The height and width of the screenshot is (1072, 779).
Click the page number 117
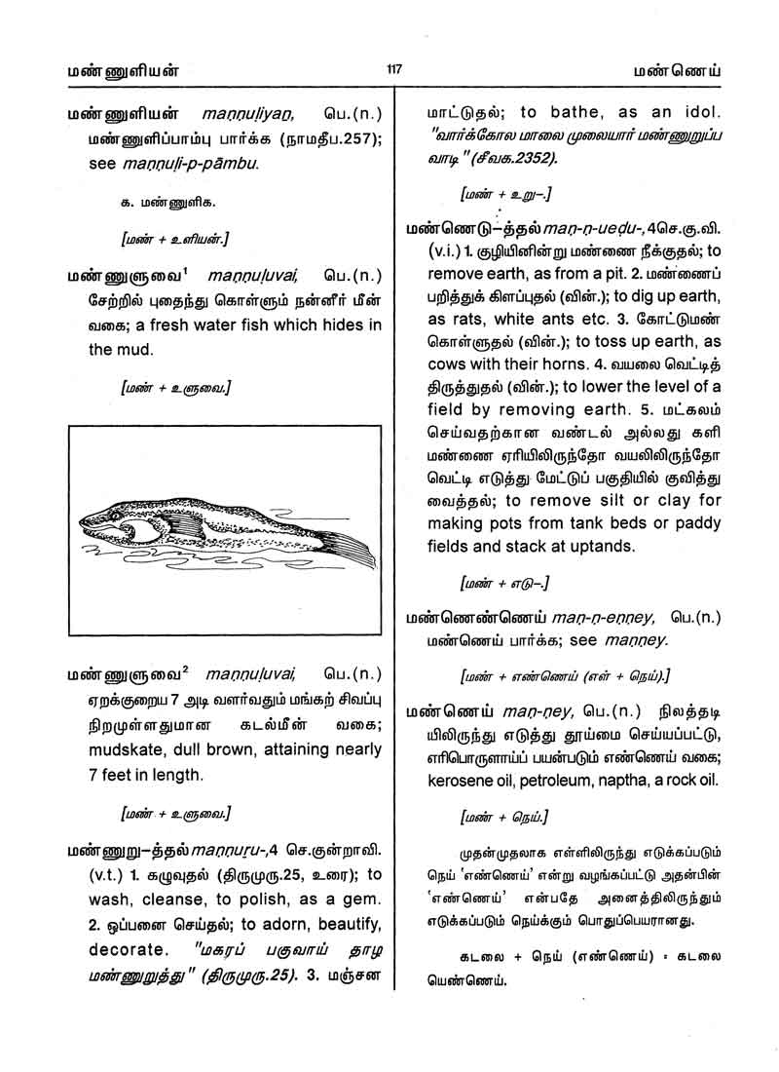coord(393,69)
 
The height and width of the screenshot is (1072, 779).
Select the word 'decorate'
coord(123,948)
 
